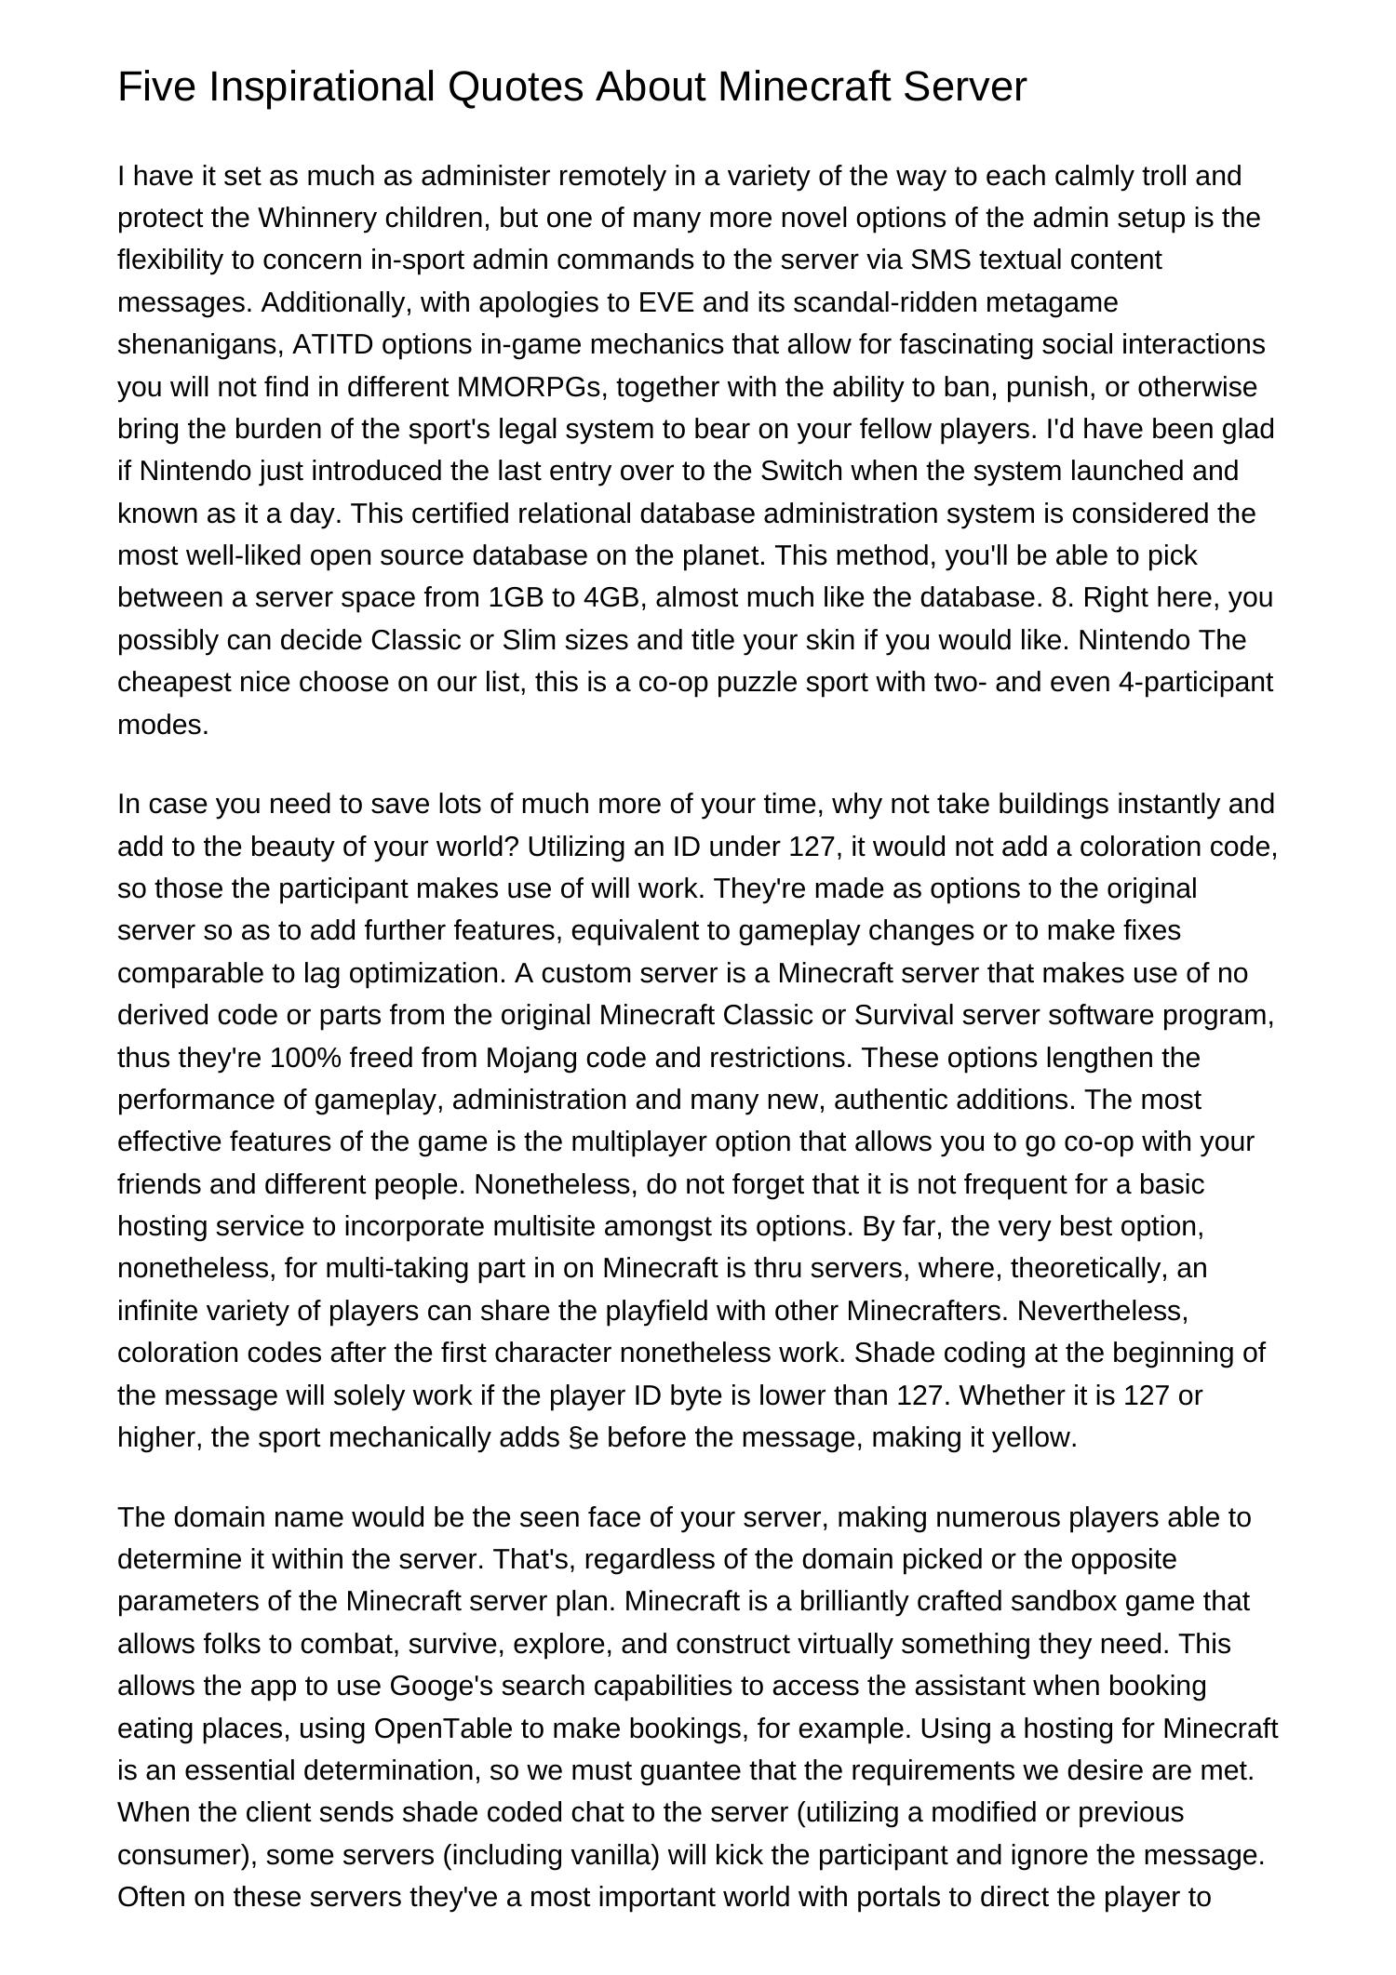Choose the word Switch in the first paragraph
click(801, 471)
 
